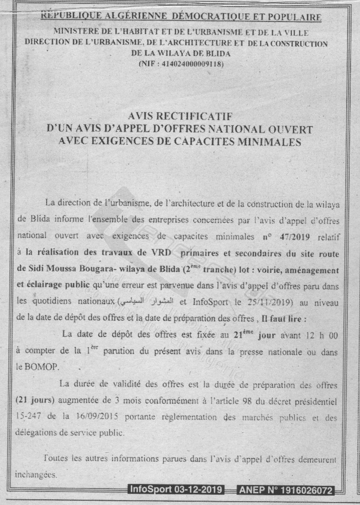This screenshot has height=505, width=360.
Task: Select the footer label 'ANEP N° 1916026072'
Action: point(286,490)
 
